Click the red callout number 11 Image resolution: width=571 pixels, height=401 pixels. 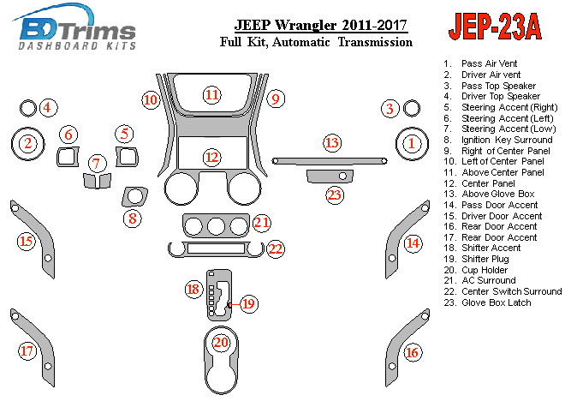click(212, 95)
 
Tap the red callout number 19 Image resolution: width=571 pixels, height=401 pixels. click(249, 303)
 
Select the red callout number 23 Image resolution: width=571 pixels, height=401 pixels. click(335, 195)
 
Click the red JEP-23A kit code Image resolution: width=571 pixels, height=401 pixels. click(496, 27)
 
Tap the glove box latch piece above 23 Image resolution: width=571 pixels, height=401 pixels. click(330, 177)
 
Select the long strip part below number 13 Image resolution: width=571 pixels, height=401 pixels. click(330, 161)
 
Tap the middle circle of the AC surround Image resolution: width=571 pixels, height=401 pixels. click(216, 226)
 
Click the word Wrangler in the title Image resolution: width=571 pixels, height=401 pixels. click(305, 26)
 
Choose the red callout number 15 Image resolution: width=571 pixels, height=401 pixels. click(27, 242)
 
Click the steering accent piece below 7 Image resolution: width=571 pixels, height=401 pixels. click(97, 181)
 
